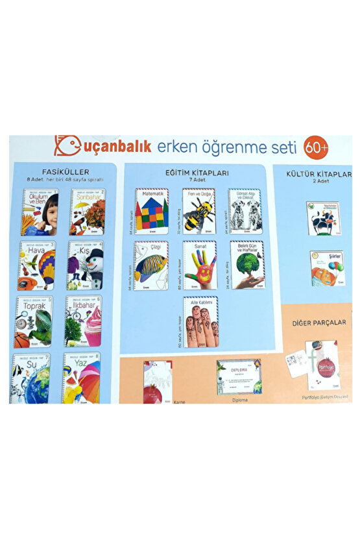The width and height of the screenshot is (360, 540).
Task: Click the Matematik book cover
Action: pos(152,211)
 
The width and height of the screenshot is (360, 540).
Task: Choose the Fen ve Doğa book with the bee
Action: pos(199,211)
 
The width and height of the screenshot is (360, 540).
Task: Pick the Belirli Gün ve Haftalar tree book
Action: pos(246,266)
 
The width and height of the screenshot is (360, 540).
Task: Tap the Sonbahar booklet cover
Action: pos(88,212)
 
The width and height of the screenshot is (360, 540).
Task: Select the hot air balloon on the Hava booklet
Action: pos(45,264)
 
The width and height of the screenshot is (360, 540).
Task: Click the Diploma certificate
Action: pos(239,376)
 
